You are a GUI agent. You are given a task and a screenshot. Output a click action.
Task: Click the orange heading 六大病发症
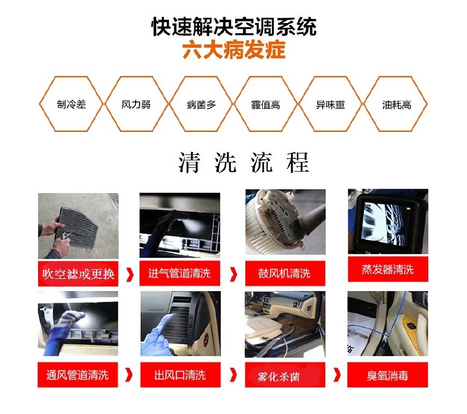[233, 51]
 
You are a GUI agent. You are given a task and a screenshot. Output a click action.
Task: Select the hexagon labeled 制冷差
[71, 105]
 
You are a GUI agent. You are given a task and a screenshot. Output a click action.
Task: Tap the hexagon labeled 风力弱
[136, 105]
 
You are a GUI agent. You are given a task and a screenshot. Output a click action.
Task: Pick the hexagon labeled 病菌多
[201, 105]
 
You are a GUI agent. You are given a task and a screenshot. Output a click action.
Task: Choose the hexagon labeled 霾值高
[266, 105]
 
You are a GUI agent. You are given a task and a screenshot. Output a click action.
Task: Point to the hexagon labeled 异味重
[331, 105]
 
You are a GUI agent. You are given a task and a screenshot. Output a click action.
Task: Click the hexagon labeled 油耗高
[396, 105]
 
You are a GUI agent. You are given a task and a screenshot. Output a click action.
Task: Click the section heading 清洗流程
[244, 162]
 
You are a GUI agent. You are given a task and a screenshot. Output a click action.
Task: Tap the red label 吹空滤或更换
[78, 274]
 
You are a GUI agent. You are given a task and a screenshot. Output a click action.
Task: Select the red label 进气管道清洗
[179, 273]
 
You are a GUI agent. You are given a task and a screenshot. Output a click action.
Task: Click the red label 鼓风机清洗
[284, 273]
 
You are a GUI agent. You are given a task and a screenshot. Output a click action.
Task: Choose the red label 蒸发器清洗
[388, 269]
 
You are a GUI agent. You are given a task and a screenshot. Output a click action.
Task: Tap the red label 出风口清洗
[180, 374]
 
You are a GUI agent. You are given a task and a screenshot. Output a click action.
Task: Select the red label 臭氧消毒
[388, 374]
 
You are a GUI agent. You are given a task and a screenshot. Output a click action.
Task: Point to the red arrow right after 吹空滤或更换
[129, 274]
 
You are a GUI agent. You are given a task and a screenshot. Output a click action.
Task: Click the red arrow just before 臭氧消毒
[337, 375]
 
